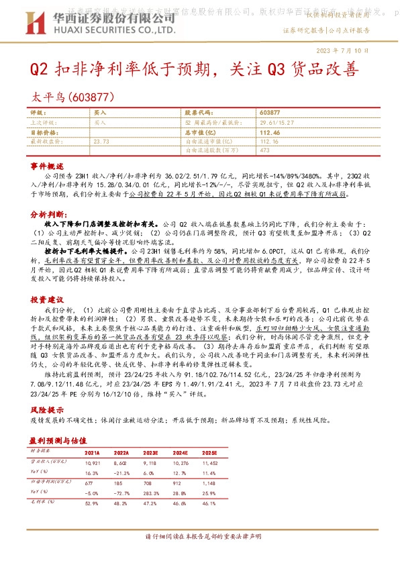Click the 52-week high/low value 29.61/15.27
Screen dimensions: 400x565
(x=277, y=123)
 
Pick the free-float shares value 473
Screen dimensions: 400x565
(x=264, y=150)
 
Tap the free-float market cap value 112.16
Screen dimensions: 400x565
(x=269, y=142)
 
